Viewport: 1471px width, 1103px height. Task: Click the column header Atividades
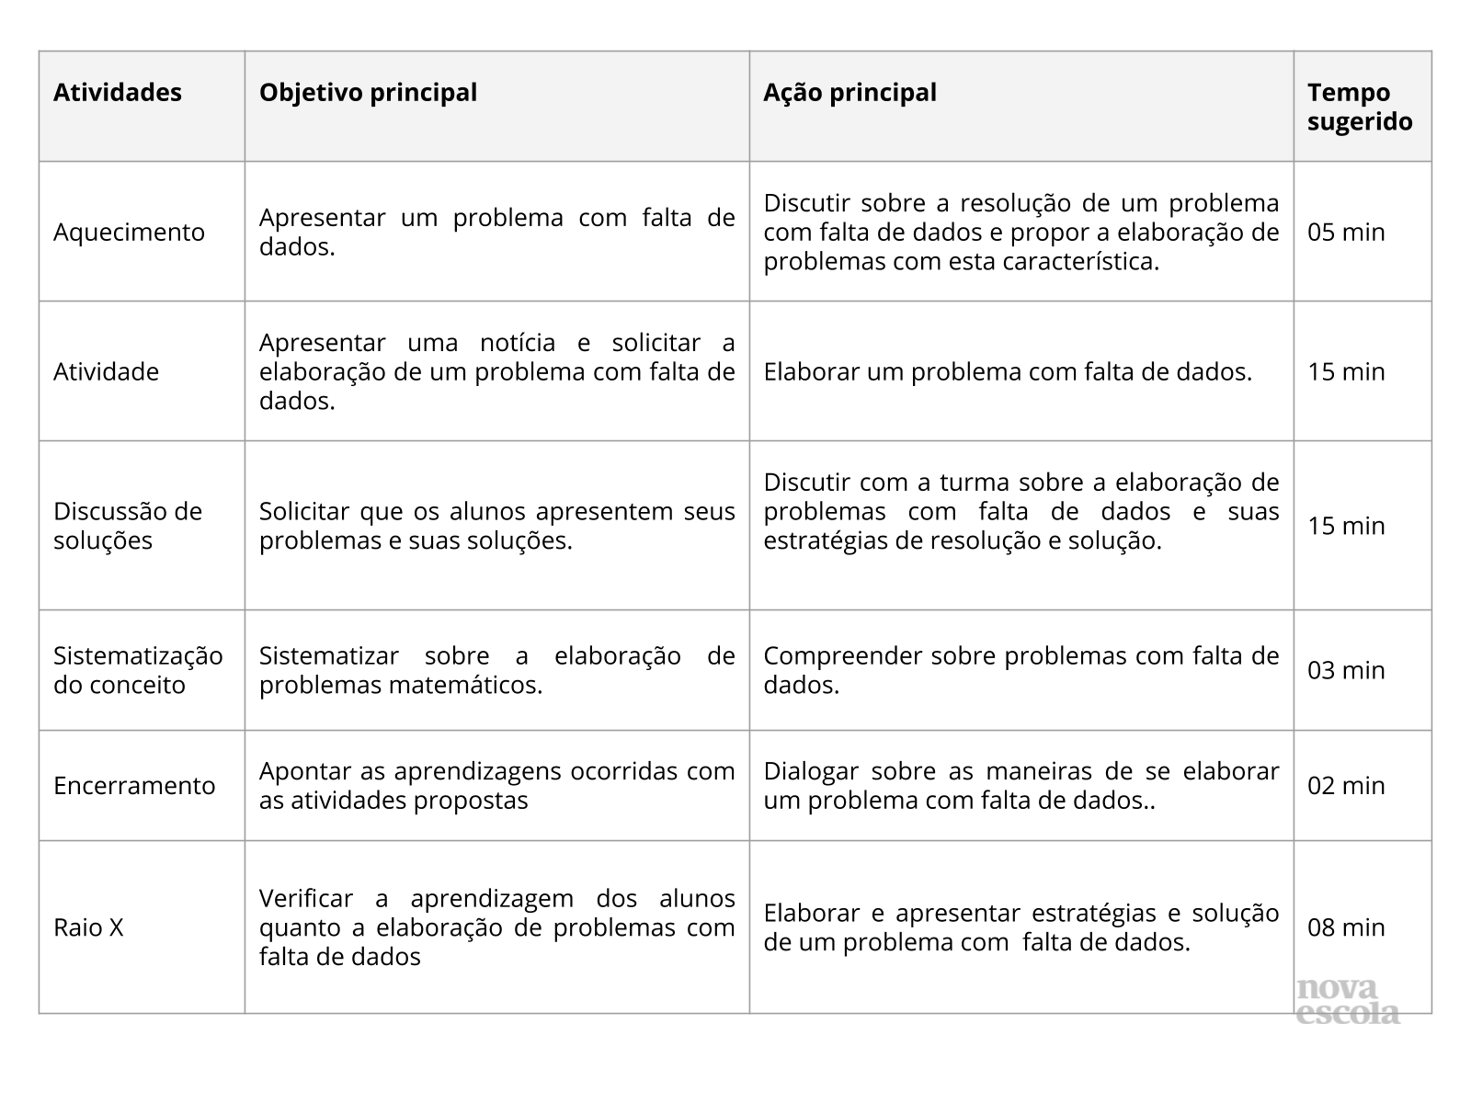pyautogui.click(x=118, y=93)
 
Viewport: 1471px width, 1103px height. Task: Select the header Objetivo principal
pyautogui.click(x=368, y=93)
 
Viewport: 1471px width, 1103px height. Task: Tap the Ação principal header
pyautogui.click(x=850, y=93)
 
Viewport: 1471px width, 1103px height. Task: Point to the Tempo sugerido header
pyautogui.click(x=1360, y=107)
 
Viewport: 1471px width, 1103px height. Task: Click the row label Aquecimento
pyautogui.click(x=129, y=232)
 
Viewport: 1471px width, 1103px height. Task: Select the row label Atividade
pyautogui.click(x=106, y=371)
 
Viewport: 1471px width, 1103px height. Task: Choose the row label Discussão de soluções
pyautogui.click(x=128, y=526)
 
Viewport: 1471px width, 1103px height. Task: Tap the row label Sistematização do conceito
pyautogui.click(x=138, y=670)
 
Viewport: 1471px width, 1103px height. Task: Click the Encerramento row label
pyautogui.click(x=134, y=786)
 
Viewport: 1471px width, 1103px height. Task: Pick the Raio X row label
pyautogui.click(x=88, y=927)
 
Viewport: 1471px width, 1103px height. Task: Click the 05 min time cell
pyautogui.click(x=1346, y=232)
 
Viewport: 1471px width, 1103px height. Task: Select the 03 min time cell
pyautogui.click(x=1346, y=670)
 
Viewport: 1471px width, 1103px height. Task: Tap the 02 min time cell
pyautogui.click(x=1346, y=786)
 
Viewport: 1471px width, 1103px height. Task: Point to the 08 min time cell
pyautogui.click(x=1346, y=927)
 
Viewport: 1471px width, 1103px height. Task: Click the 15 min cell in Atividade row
pyautogui.click(x=1346, y=371)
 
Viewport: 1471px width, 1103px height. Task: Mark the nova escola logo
pyautogui.click(x=1348, y=1001)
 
